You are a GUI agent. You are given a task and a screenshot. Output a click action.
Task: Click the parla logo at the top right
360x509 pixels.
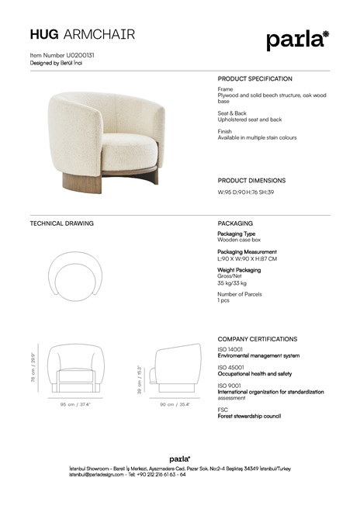tap(297, 39)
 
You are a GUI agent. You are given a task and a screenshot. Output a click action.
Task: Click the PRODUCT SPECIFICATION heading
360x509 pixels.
tap(254, 79)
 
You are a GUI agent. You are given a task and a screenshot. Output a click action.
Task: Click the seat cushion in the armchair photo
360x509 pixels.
tap(116, 147)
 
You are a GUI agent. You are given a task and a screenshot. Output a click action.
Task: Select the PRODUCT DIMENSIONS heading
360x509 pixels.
tap(251, 180)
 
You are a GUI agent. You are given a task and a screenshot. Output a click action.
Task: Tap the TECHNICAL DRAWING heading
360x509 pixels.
tap(61, 223)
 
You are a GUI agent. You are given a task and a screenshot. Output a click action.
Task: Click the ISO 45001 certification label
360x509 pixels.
tap(230, 367)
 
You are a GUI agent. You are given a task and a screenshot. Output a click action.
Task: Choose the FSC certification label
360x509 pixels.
tap(223, 410)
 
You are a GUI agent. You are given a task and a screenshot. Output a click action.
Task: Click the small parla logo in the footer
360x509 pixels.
tap(180, 459)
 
